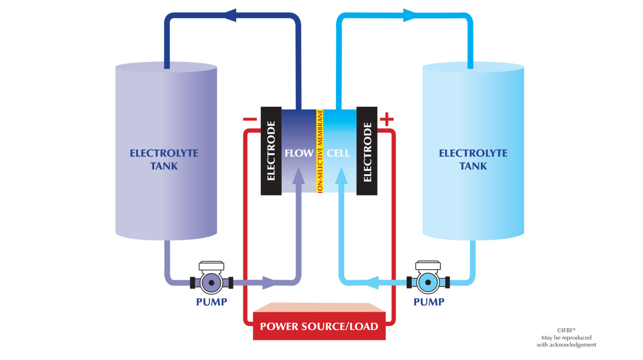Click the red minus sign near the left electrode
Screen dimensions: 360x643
tap(249, 119)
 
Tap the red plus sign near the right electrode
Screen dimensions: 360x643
tap(386, 119)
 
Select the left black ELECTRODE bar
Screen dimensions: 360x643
tap(271, 151)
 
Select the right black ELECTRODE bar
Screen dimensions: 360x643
tap(367, 151)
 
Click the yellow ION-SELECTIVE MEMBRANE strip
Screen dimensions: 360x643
tap(320, 151)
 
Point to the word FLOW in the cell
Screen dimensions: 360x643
tap(299, 153)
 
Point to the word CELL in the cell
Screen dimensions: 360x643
tap(338, 153)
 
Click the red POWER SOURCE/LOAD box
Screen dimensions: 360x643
tap(319, 326)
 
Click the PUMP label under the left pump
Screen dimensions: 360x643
tap(211, 302)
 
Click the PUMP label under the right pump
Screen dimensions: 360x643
tap(429, 302)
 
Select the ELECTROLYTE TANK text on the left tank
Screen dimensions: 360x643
tap(164, 159)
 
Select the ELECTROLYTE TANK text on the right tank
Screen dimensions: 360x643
tap(473, 159)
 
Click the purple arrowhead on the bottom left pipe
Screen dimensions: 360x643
tap(270, 283)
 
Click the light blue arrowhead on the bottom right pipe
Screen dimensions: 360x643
tap(371, 283)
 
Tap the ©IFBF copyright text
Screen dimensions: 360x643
tap(566, 330)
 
